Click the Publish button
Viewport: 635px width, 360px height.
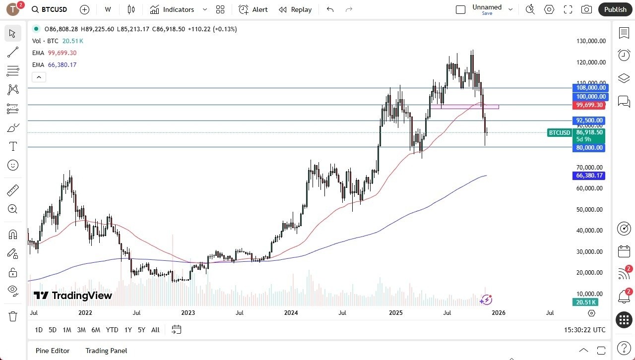[x=615, y=9]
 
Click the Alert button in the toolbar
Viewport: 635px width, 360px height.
[x=253, y=9]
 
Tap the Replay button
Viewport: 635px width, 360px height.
[x=295, y=9]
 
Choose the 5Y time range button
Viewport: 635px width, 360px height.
[x=141, y=330]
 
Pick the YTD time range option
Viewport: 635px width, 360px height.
[x=112, y=330]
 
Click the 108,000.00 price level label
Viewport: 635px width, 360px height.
[x=589, y=88]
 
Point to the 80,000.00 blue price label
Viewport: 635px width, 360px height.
[x=589, y=148]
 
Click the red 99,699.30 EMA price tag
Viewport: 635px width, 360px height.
[x=589, y=105]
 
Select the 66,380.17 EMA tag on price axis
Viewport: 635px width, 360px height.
[x=589, y=176]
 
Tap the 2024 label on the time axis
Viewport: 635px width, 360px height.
[x=291, y=313]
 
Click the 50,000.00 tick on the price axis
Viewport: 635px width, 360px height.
[x=589, y=209]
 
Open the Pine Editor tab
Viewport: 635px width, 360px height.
[x=53, y=351]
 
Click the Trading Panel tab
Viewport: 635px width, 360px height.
[x=106, y=351]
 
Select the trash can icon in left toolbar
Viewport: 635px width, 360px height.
[x=13, y=316]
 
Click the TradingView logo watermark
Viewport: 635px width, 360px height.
[x=73, y=296]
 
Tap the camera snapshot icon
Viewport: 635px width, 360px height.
[x=586, y=9]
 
